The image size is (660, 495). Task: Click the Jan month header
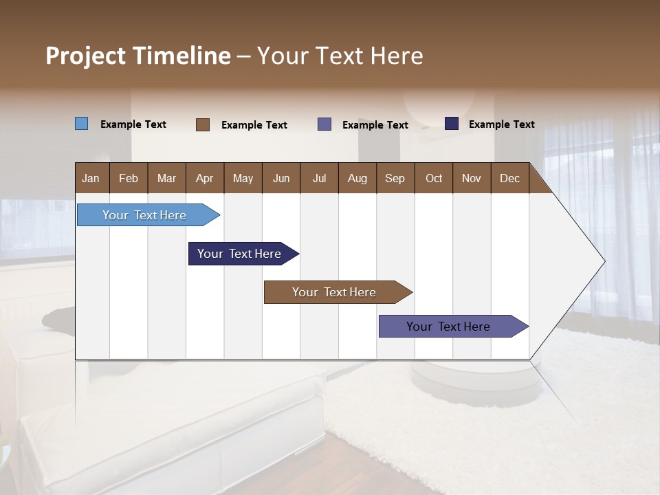pos(91,178)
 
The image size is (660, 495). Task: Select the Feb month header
pos(129,178)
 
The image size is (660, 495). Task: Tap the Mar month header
pos(166,178)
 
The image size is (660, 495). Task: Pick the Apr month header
pos(204,178)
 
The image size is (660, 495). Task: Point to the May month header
pos(243,178)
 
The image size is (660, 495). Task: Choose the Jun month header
pos(281,178)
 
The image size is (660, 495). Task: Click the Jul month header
pos(319,178)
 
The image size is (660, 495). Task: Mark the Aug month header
pos(357,178)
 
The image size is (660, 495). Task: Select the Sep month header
pos(395,178)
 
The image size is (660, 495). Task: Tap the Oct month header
pos(434,178)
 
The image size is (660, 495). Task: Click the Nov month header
pos(472,178)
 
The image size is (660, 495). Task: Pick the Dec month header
pos(509,178)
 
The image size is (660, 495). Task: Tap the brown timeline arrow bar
pos(335,292)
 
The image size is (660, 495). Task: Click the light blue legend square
pos(82,124)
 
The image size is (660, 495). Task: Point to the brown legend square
pos(203,124)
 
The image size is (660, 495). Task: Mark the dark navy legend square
pos(452,124)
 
